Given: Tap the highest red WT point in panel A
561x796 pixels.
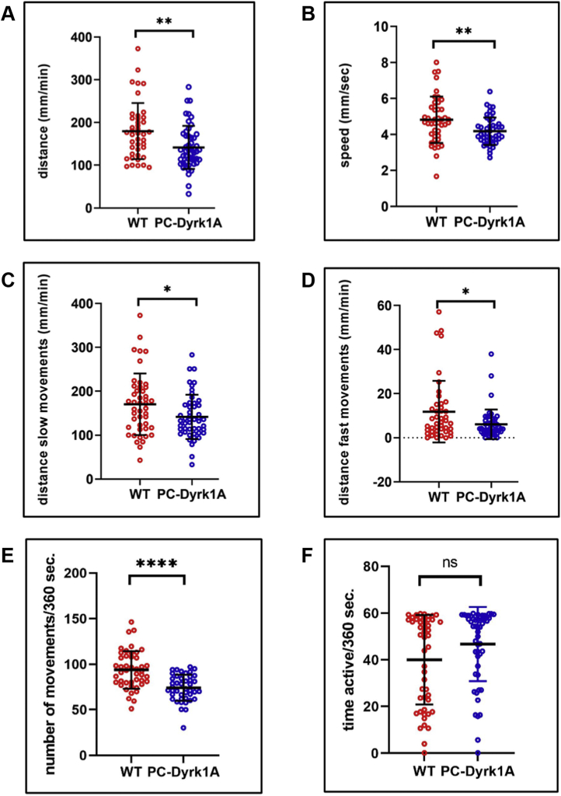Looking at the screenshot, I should [137, 49].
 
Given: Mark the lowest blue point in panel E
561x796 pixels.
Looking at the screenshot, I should [183, 728].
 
